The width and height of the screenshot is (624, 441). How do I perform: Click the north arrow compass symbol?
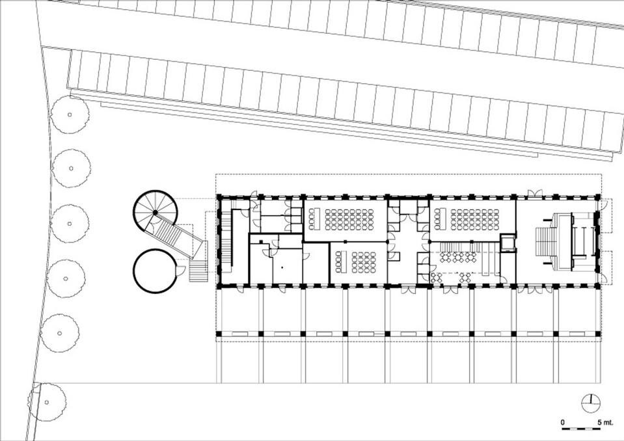591,404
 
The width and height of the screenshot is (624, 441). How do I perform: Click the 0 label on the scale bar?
563,422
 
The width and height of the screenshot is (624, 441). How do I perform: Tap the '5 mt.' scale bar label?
605,422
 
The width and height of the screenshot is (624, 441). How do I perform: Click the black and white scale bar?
581,429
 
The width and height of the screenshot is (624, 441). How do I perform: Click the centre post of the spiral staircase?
156,213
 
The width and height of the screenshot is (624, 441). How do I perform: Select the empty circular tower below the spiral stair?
155,271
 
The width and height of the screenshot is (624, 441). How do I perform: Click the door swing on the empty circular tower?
180,271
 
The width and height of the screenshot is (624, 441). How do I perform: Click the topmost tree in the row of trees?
70,115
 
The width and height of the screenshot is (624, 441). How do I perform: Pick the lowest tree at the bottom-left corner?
47,402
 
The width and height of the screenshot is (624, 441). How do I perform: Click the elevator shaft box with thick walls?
508,243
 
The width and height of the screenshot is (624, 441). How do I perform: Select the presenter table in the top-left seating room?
312,219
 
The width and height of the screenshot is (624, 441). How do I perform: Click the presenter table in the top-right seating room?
438,219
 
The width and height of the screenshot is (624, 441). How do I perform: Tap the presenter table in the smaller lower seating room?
340,261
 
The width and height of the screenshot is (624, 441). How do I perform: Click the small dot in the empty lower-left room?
282,267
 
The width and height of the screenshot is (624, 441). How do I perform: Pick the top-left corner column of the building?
219,196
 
